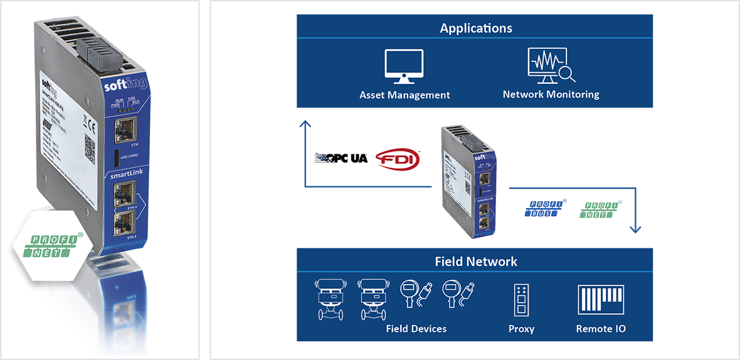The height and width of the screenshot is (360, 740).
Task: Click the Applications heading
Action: coord(476,28)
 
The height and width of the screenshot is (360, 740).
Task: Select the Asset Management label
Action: coord(404,95)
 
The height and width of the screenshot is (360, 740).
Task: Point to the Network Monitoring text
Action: coord(551,95)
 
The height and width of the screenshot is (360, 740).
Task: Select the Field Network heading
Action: coord(476,261)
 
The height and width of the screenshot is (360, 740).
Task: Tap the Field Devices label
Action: coord(416,329)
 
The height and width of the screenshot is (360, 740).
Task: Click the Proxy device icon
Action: coord(521,300)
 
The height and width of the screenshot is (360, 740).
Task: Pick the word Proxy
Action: coord(521,329)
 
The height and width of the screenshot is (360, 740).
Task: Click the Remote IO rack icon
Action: coord(601,300)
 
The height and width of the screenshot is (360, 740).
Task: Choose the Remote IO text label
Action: coord(601,329)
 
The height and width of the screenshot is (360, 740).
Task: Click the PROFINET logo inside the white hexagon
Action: coord(55,246)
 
